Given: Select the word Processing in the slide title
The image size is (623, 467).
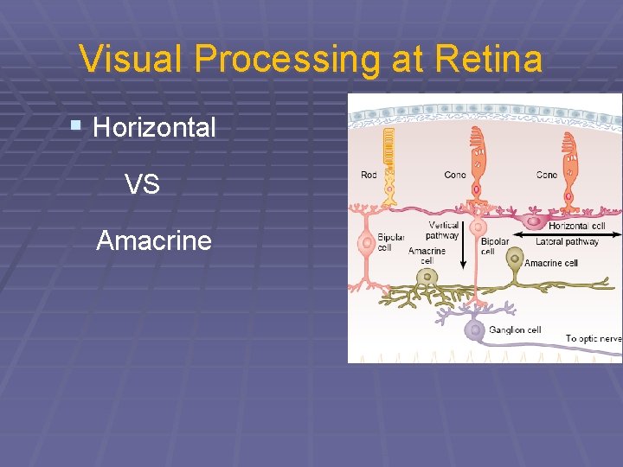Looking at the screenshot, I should tap(287, 60).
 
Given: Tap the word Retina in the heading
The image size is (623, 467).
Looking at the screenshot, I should tap(489, 60).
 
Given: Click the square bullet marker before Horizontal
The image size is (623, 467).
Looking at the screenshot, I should tap(76, 126).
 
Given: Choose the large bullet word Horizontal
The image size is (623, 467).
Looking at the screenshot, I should tap(154, 128).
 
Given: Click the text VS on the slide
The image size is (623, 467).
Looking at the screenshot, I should tap(142, 184).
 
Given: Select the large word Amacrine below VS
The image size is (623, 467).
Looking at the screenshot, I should tap(154, 240).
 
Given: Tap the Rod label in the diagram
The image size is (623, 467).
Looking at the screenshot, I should tap(369, 176).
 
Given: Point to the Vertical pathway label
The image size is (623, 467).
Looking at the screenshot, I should tap(443, 231).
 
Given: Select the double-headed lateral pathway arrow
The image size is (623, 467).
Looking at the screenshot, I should tap(567, 233).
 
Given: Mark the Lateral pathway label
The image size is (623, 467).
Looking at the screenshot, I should tap(567, 242).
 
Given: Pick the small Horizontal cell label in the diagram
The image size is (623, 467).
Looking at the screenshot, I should tap(576, 226).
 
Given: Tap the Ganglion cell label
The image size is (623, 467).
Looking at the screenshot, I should tap(515, 329).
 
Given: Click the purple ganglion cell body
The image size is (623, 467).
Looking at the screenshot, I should tap(473, 329).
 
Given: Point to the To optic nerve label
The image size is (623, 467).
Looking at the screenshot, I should tap(594, 339).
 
